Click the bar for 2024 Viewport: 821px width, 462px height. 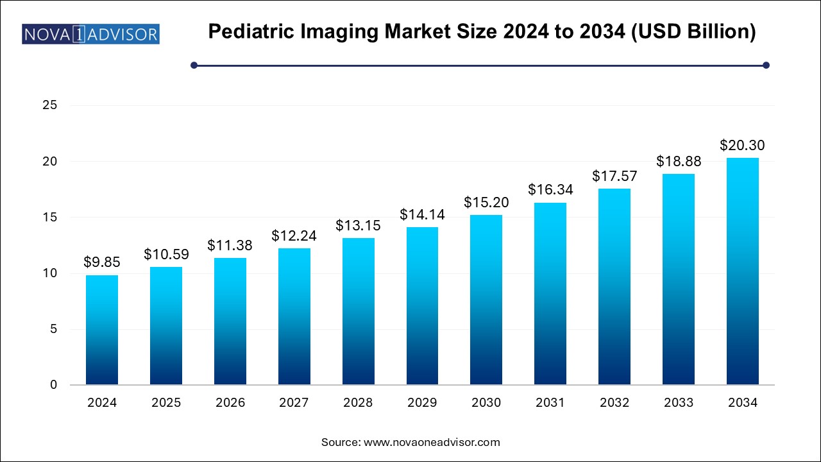point(102,330)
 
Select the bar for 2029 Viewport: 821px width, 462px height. point(422,306)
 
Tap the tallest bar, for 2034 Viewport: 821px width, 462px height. point(743,271)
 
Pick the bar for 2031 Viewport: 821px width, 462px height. point(550,294)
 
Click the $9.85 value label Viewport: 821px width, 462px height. point(102,262)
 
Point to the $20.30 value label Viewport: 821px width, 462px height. point(743,145)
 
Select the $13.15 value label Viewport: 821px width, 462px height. point(358,225)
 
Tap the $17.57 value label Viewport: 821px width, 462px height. point(614,176)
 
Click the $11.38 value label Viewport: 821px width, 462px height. point(230,245)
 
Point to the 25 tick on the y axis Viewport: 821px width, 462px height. point(50,106)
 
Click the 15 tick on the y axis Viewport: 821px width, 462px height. point(50,218)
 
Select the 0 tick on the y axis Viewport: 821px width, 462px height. point(54,385)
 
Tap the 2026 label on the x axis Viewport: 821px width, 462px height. point(230,403)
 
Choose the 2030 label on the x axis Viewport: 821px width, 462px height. point(486,403)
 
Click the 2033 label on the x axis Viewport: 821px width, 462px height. point(679,403)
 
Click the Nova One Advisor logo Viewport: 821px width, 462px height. point(90,33)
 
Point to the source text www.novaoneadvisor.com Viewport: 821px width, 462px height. point(432,442)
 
